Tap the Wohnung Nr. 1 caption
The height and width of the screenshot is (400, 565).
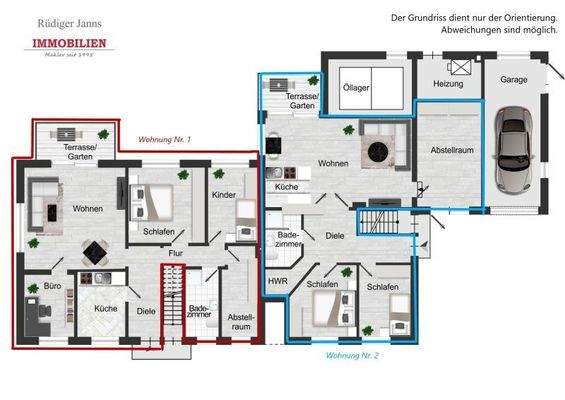[165, 138]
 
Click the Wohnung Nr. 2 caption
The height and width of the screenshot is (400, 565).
[353, 355]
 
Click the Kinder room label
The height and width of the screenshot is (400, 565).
[225, 194]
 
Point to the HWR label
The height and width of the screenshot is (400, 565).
[277, 282]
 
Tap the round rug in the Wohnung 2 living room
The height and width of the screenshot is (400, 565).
[379, 151]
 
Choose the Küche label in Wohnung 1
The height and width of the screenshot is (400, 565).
[105, 309]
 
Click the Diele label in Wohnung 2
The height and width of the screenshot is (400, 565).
[335, 236]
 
